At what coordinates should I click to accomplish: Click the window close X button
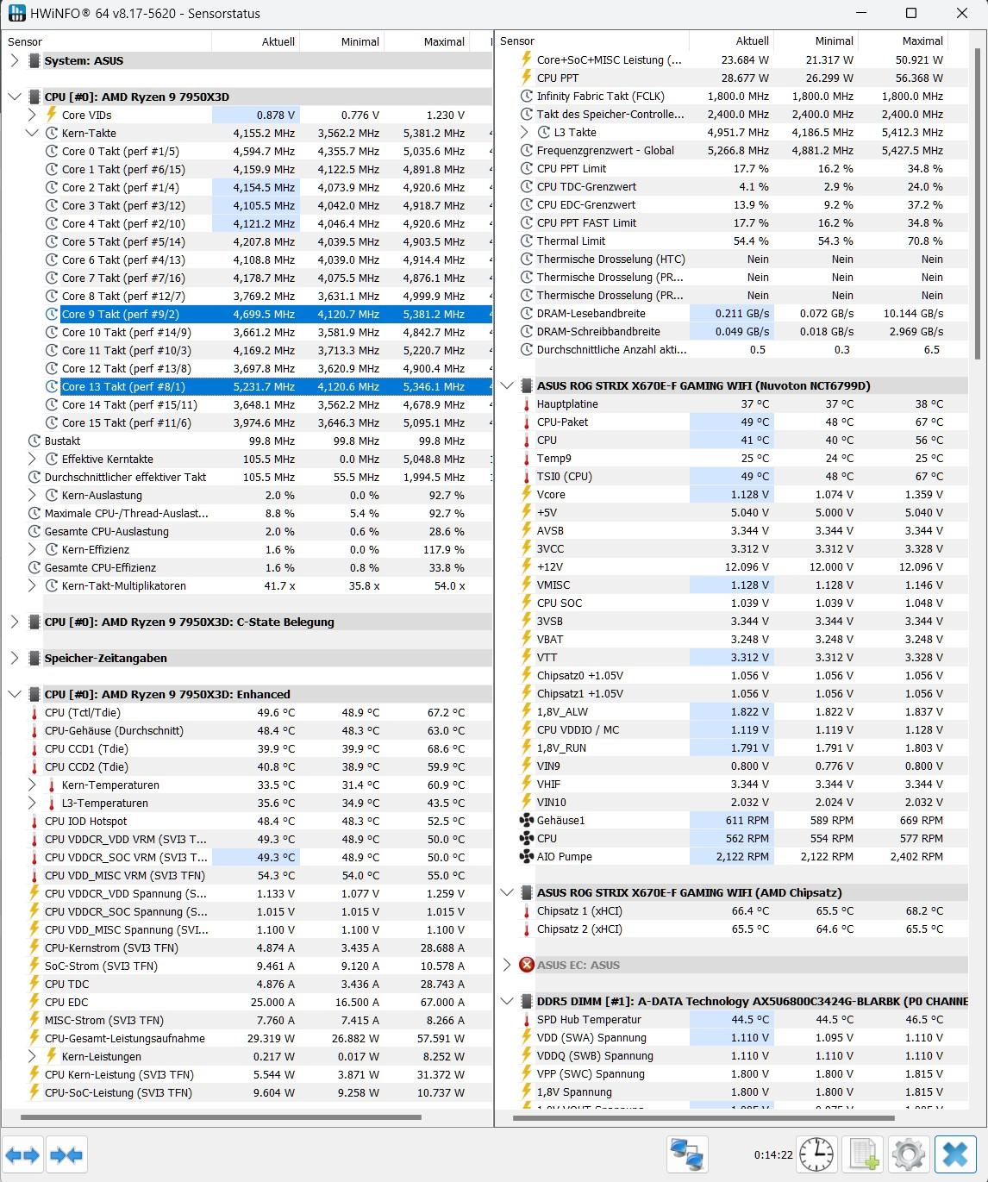[962, 13]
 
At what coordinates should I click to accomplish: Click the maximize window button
[911, 13]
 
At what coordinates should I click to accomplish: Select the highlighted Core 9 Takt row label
[120, 315]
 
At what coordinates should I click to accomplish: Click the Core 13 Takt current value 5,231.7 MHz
[264, 387]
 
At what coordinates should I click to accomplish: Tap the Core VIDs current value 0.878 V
[276, 116]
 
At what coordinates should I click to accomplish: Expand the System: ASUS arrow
[15, 61]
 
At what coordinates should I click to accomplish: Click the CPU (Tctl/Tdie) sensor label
[83, 713]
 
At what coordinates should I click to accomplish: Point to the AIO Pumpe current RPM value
[742, 857]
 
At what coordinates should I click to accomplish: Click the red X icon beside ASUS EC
[527, 965]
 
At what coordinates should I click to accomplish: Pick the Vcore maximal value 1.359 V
[921, 495]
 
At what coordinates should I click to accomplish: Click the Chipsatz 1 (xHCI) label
[579, 911]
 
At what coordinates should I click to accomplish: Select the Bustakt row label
[63, 441]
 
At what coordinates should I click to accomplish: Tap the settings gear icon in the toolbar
[909, 1154]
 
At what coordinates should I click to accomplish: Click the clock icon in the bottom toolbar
[816, 1154]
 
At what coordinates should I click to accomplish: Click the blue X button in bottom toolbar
[955, 1154]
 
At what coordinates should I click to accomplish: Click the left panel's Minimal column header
[360, 41]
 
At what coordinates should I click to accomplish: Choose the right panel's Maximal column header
[922, 41]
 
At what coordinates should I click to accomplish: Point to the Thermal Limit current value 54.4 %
[751, 241]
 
